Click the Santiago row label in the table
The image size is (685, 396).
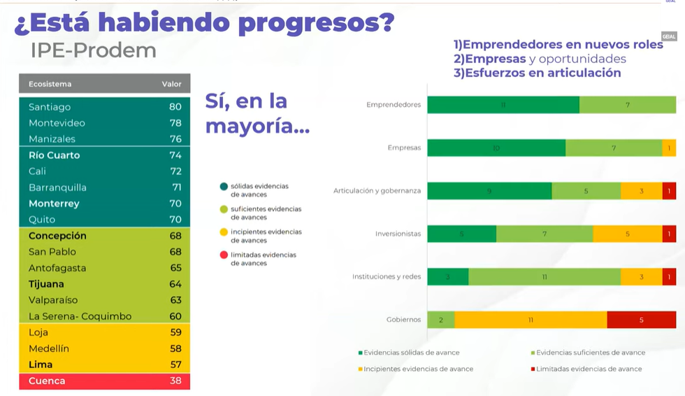pyautogui.click(x=50, y=107)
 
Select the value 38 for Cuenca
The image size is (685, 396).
pyautogui.click(x=175, y=381)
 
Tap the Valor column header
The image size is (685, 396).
pyautogui.click(x=171, y=84)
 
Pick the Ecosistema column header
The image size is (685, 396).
pyautogui.click(x=50, y=84)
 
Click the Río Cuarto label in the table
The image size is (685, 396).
pyautogui.click(x=55, y=155)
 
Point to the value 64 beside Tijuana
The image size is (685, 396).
pyautogui.click(x=175, y=284)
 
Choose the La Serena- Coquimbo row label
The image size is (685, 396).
pyautogui.click(x=80, y=316)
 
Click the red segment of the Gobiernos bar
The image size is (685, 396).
pyautogui.click(x=641, y=320)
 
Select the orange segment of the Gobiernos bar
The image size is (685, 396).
pyautogui.click(x=531, y=320)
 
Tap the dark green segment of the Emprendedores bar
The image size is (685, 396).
pyautogui.click(x=503, y=105)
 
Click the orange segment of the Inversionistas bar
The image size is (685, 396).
pyautogui.click(x=627, y=234)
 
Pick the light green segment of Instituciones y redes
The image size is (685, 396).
pyautogui.click(x=545, y=277)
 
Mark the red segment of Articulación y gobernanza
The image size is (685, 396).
pyautogui.click(x=669, y=191)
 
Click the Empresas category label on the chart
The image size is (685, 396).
pyautogui.click(x=404, y=148)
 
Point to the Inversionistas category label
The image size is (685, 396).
pyautogui.click(x=398, y=234)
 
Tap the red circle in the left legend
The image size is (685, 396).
pyautogui.click(x=223, y=255)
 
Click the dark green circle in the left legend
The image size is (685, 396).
pyautogui.click(x=223, y=186)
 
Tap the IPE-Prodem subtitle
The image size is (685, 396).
pyautogui.click(x=93, y=50)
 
